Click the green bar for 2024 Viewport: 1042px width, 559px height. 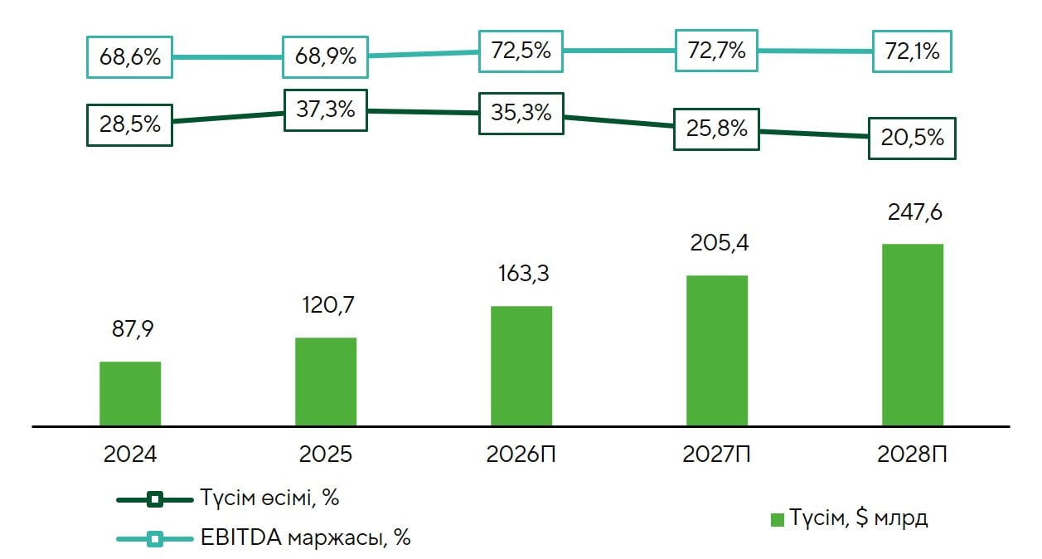[130, 394]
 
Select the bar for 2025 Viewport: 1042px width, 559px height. [326, 382]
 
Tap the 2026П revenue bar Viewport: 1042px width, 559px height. [521, 366]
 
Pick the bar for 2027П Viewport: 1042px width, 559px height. [717, 351]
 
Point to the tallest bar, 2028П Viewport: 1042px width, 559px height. [913, 335]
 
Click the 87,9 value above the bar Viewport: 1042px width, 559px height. [133, 328]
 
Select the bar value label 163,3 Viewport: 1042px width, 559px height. [522, 274]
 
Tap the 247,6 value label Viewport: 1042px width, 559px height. [914, 211]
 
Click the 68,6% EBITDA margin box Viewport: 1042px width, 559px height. [130, 57]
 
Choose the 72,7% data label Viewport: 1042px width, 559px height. [717, 51]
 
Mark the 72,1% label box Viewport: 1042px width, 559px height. [913, 51]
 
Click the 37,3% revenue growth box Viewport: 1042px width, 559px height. [326, 110]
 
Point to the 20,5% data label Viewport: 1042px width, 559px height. [912, 138]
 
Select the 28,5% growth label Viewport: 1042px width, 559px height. [130, 124]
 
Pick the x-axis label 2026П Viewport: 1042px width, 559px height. [522, 454]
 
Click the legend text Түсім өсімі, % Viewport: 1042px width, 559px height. [269, 498]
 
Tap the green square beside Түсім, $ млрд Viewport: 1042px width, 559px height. [778, 520]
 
